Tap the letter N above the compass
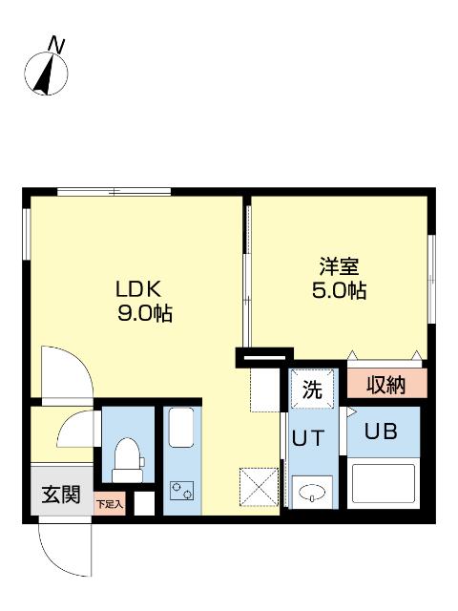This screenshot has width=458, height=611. pos(58,44)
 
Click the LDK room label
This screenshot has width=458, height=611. pos(141,288)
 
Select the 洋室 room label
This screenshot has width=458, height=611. pos(339,266)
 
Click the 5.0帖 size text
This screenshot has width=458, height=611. pos(339,291)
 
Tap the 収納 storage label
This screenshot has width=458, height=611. pos(386,385)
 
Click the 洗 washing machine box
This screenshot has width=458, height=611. pos(313,390)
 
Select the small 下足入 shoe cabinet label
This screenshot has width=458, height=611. pos(109,502)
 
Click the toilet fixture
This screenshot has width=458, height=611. pos(126,458)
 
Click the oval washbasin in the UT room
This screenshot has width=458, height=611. pos(312,493)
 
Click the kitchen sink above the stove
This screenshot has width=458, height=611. pos(180,430)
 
